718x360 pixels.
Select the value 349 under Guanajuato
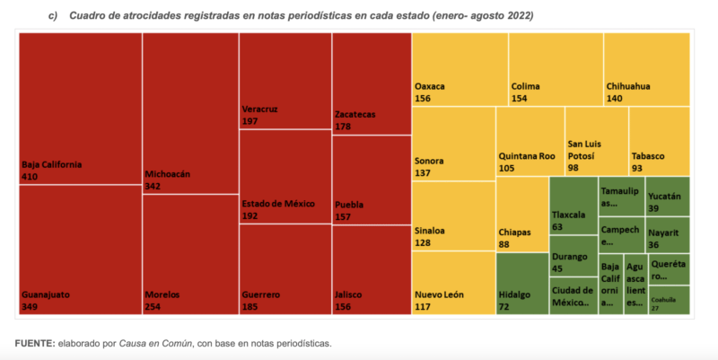point(31,307)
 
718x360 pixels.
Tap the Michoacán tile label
point(167,174)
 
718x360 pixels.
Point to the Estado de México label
point(278,204)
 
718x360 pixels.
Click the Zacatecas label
point(355,115)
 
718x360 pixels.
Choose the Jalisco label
point(348,294)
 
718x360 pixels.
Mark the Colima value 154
point(521,99)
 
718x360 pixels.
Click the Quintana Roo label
point(527,155)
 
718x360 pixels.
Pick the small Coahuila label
point(663,301)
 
